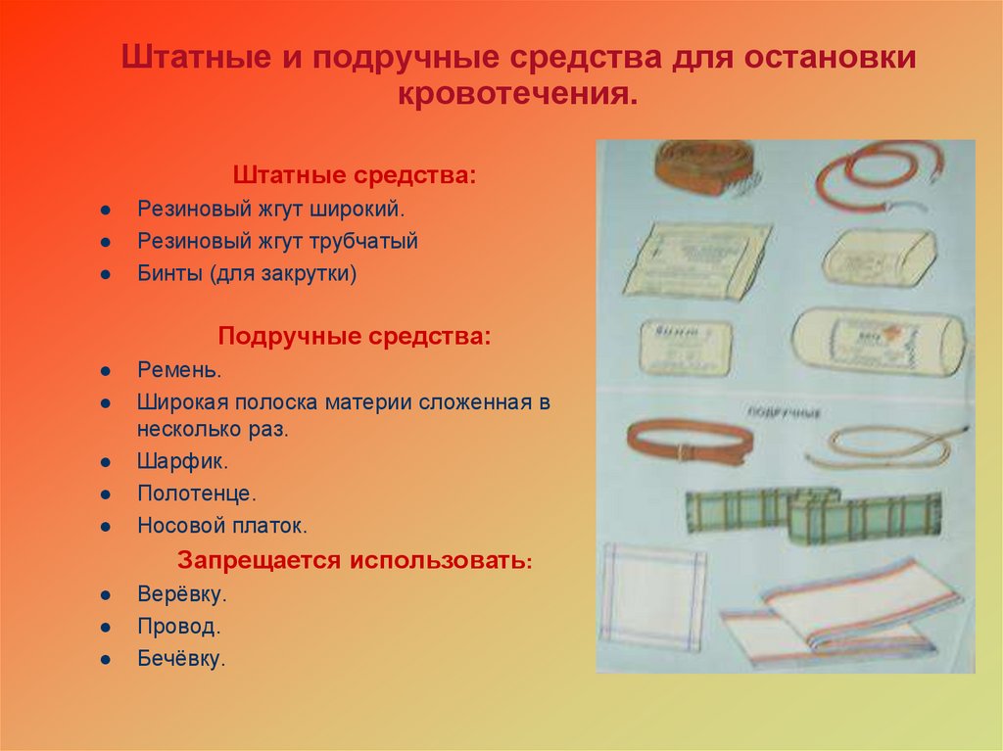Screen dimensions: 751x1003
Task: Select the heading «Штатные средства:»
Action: [355, 176]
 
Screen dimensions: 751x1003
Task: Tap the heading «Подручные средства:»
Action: [355, 336]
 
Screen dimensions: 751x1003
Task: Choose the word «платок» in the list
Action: [267, 525]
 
